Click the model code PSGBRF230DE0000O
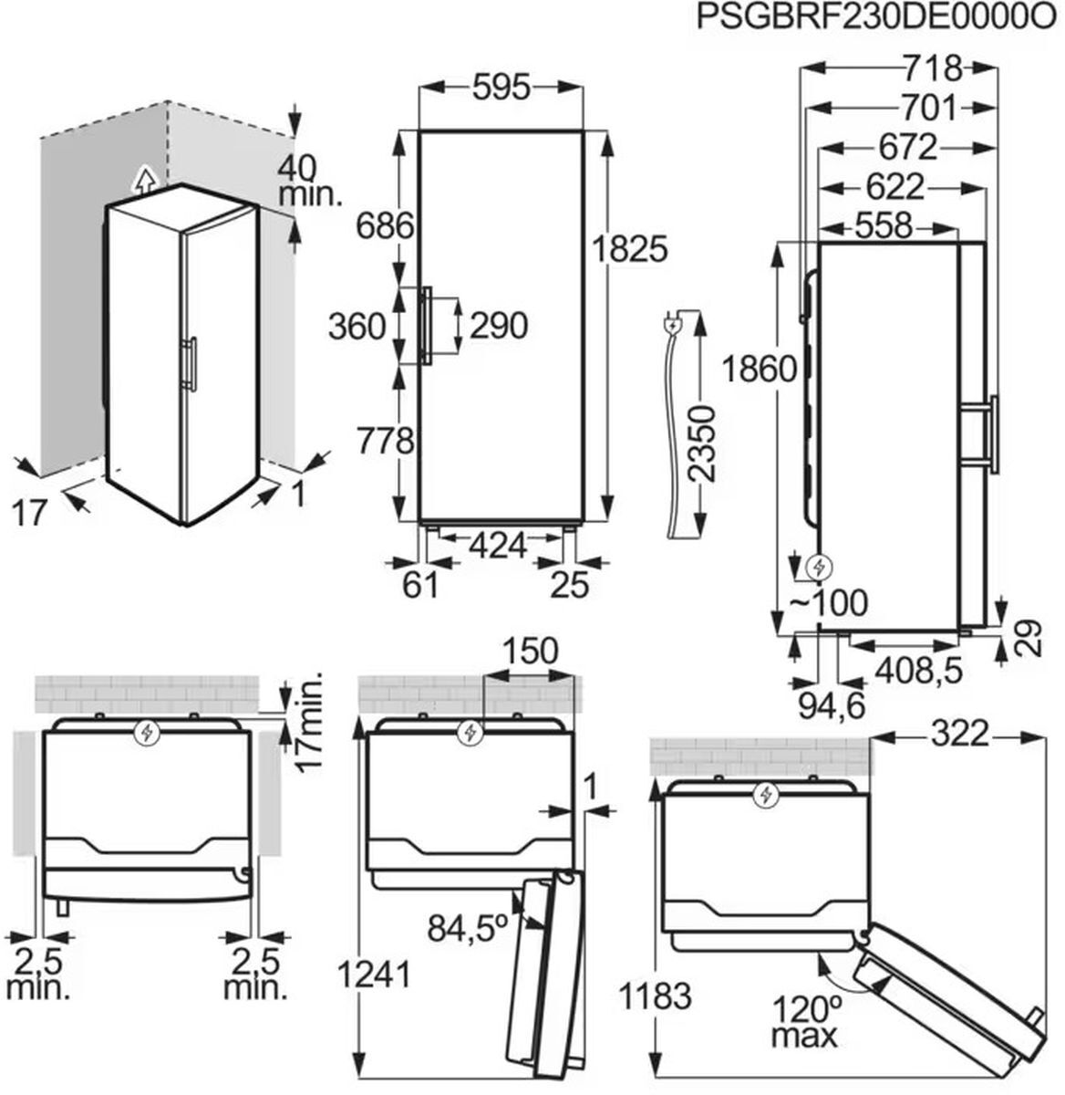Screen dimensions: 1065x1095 [879, 16]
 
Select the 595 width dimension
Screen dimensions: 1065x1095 [501, 88]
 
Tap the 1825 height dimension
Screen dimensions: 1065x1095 [630, 248]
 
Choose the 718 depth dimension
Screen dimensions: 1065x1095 [933, 68]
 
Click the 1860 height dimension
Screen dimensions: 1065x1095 [760, 370]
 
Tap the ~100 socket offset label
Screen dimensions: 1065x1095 [829, 604]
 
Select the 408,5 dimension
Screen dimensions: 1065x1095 [919, 671]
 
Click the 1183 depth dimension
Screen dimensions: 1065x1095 [654, 997]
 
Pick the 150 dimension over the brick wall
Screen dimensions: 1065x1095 [530, 651]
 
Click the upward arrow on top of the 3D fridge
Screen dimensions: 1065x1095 [144, 179]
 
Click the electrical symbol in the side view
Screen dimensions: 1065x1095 [819, 568]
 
